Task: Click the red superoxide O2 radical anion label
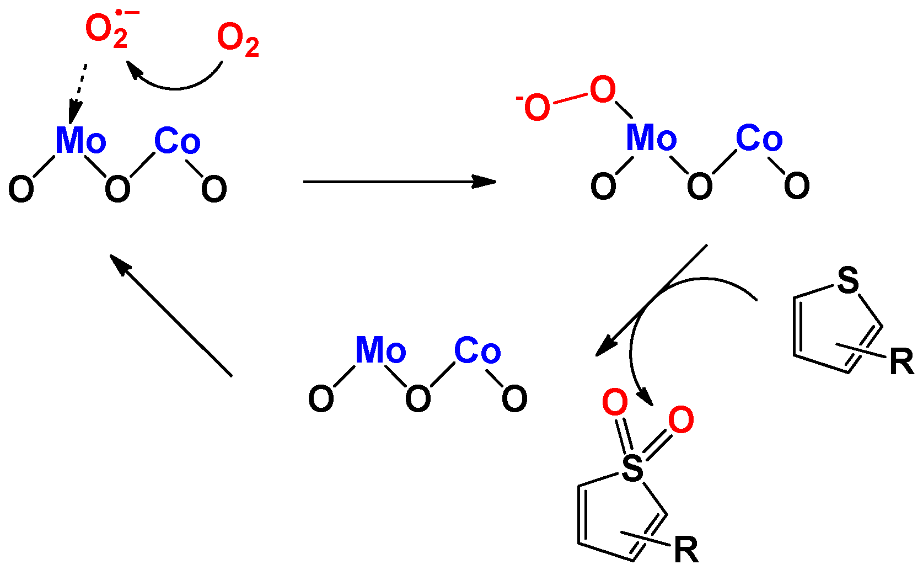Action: point(108,30)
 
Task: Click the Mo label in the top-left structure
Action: point(81,140)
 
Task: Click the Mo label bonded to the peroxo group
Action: point(651,137)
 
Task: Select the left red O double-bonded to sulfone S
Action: point(615,402)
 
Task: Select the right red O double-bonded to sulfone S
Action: point(681,420)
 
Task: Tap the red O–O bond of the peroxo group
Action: point(571,99)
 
